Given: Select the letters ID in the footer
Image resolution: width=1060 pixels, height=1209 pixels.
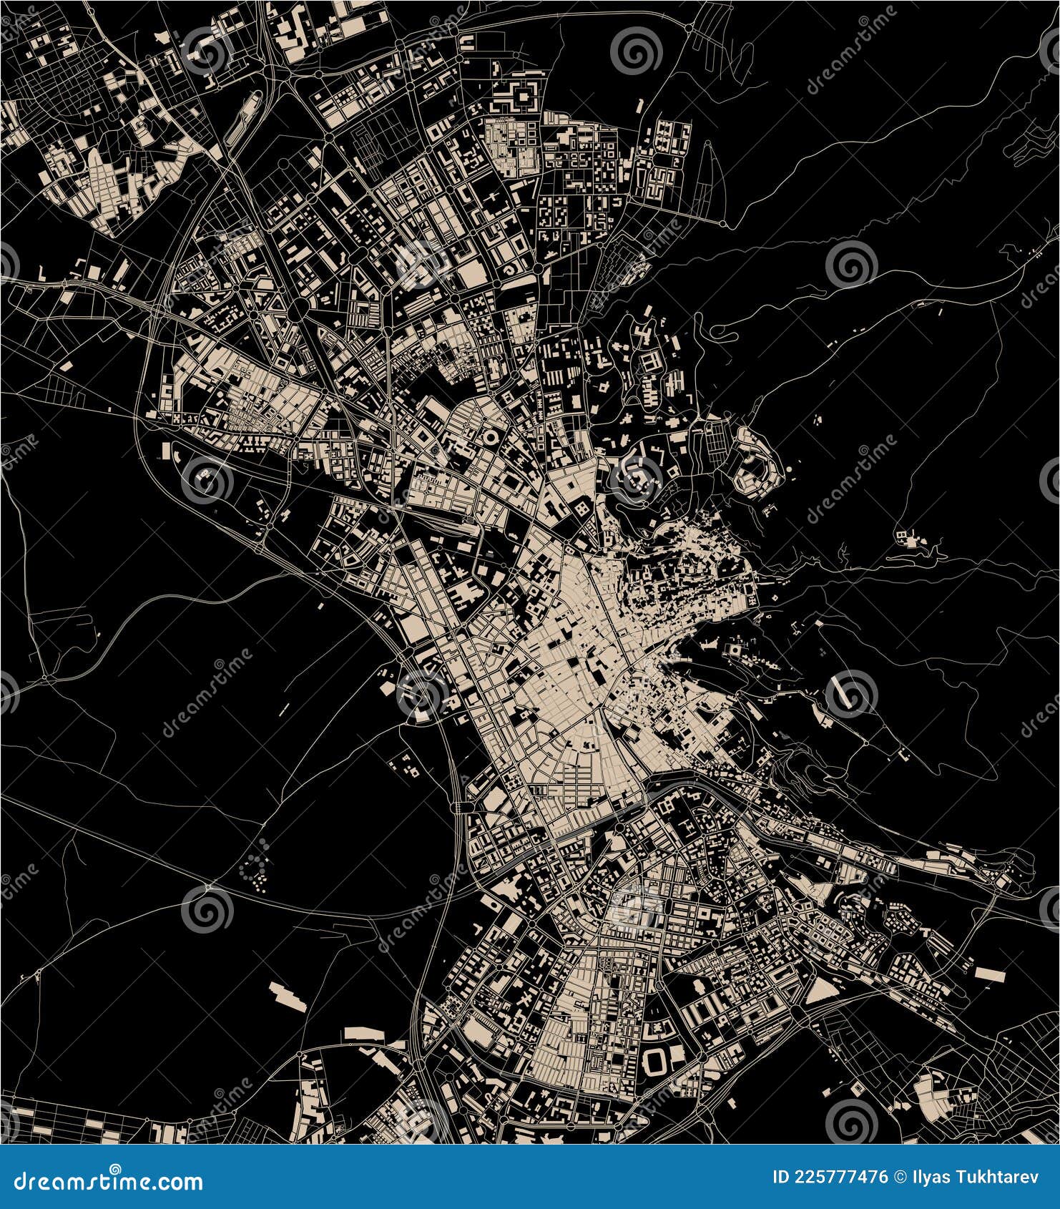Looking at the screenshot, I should [782, 1178].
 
